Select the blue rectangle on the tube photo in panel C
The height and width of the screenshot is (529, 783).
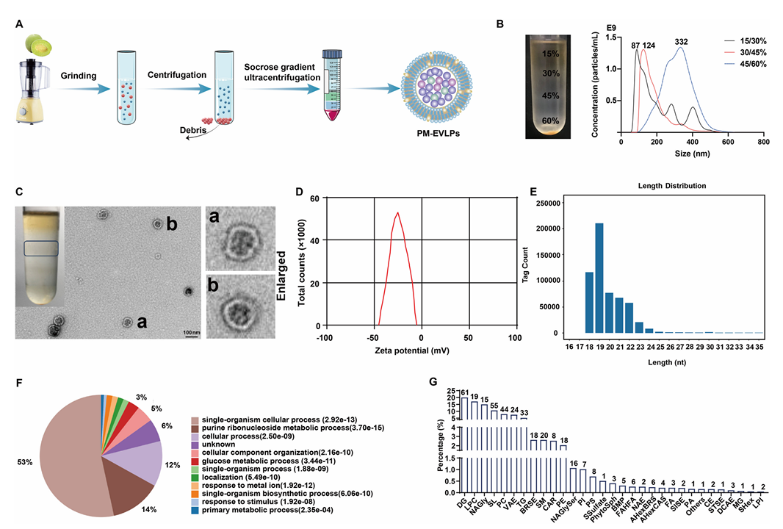click(40, 248)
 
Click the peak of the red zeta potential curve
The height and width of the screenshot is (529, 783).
click(397, 214)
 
